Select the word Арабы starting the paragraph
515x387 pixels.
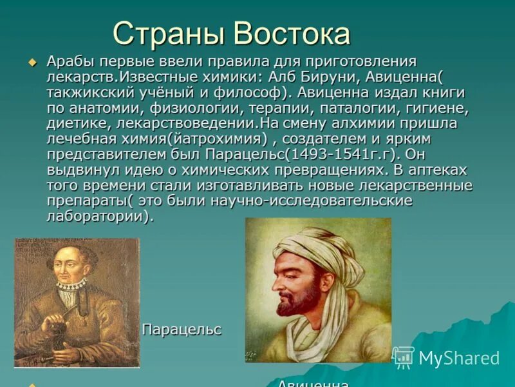click(68, 62)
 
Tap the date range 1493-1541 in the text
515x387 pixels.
click(328, 154)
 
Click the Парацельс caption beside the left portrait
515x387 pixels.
click(181, 330)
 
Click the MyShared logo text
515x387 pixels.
click(459, 358)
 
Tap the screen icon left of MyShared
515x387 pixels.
click(404, 357)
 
